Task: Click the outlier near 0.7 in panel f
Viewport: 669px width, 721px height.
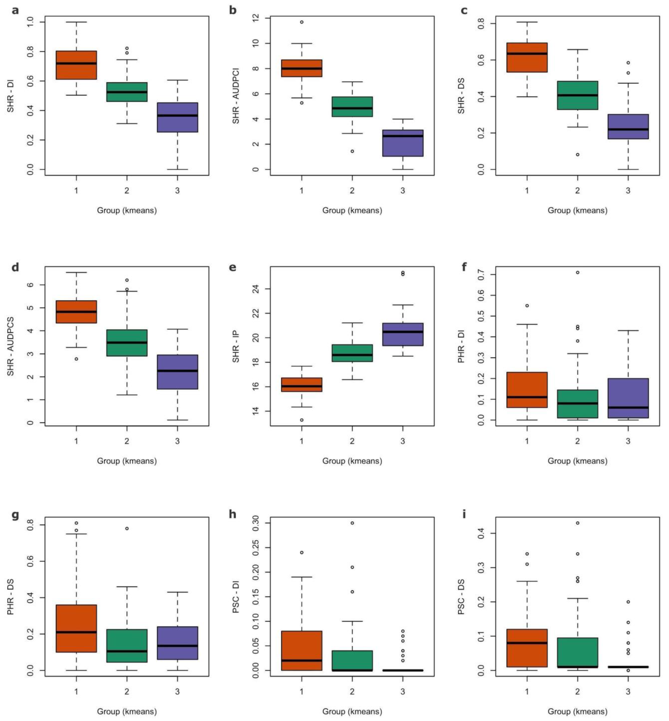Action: point(577,272)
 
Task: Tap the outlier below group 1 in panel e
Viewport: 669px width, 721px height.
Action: point(302,420)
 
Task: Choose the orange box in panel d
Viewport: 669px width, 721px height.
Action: point(76,312)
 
